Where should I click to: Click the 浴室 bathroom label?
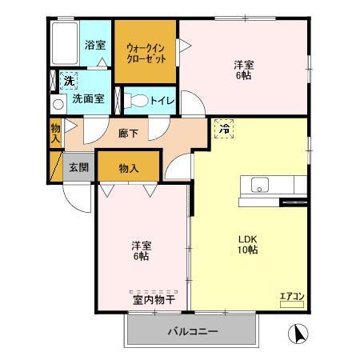click(95, 46)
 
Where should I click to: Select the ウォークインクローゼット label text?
click(145, 53)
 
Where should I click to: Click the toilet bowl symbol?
click(138, 102)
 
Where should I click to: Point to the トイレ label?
click(166, 102)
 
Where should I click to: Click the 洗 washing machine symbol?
click(70, 81)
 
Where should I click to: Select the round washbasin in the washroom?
click(58, 104)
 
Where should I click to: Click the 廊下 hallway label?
click(128, 134)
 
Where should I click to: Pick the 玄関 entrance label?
click(78, 168)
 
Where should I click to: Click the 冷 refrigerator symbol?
click(225, 127)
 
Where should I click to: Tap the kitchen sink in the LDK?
click(261, 185)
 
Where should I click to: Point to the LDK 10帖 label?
click(246, 243)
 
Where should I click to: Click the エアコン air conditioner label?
click(291, 297)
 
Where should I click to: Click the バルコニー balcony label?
click(192, 330)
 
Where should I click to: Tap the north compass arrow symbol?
click(296, 333)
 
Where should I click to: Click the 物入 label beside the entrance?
click(129, 168)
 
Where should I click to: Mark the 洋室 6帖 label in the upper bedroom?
click(244, 70)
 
